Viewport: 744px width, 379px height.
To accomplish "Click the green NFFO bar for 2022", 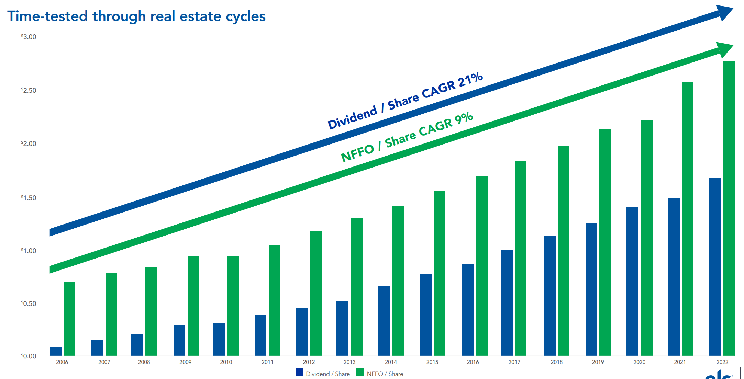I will [x=729, y=208].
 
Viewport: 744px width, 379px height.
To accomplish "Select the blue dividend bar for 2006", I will [x=56, y=351].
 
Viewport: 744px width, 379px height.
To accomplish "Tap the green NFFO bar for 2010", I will [x=233, y=306].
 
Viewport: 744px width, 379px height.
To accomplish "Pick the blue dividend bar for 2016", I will [x=468, y=309].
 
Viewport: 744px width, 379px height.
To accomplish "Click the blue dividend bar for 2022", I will [x=715, y=267].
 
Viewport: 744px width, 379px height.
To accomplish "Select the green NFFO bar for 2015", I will [x=439, y=273].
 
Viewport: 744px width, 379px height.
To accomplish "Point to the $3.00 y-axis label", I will [x=29, y=37].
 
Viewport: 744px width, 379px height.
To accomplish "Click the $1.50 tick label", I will [x=29, y=198].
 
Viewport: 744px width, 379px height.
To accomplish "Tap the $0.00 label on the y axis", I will [x=29, y=356].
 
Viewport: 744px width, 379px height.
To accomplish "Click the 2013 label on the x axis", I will [x=349, y=362].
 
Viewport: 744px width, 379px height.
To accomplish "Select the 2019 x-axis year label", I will [x=598, y=362].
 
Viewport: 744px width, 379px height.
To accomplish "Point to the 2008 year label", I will [x=144, y=362].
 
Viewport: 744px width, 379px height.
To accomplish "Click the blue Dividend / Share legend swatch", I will [x=299, y=372].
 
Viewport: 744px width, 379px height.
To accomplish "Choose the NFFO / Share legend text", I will [x=385, y=374].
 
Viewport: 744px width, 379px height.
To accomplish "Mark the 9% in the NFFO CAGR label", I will [x=464, y=119].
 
